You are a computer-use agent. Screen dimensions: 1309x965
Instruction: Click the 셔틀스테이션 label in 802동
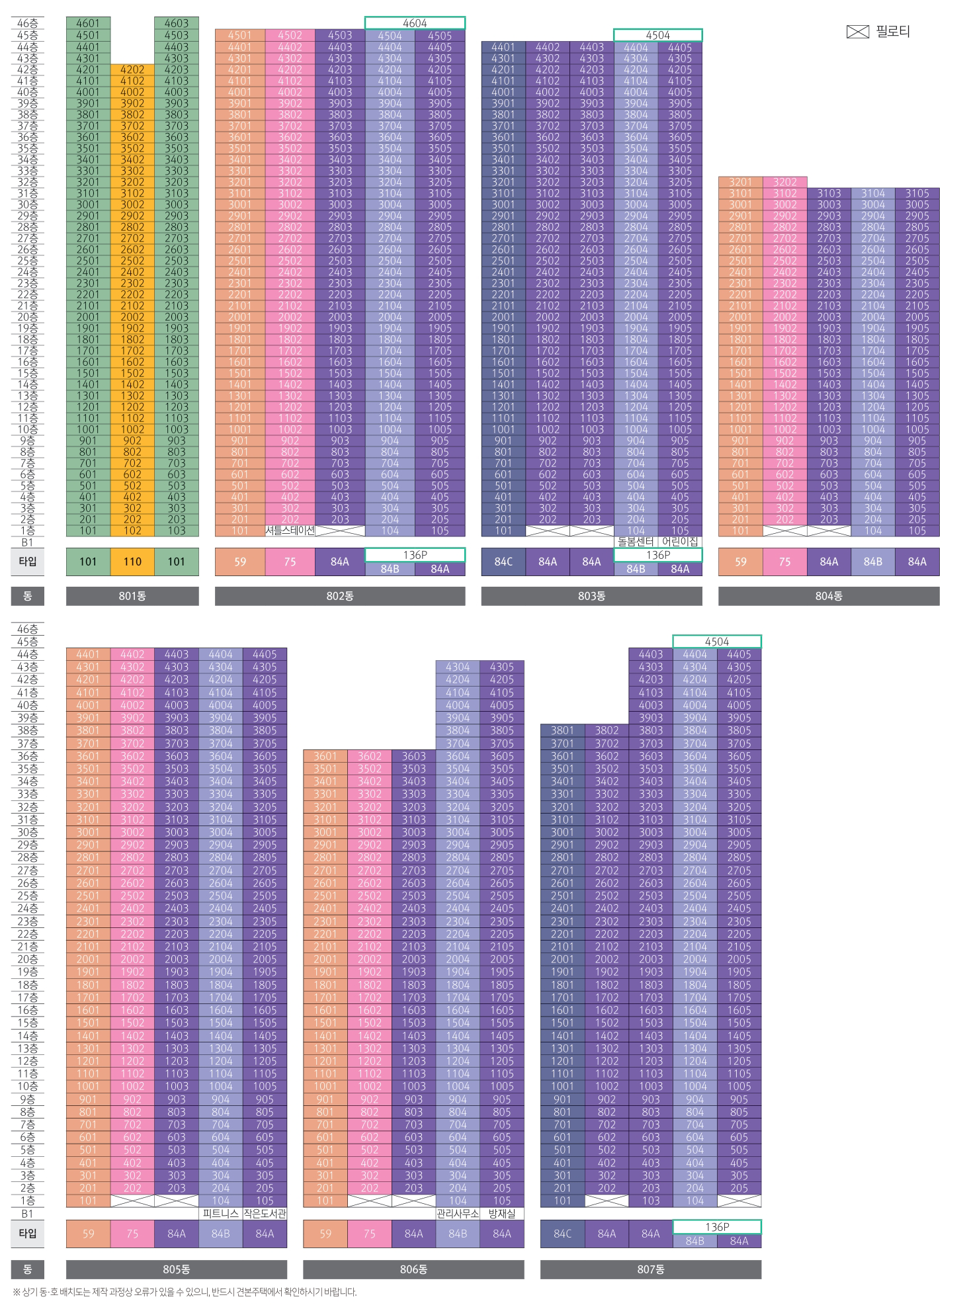tap(290, 530)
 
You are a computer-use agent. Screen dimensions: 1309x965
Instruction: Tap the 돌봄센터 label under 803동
tap(636, 542)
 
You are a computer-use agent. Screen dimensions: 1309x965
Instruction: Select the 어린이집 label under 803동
tap(680, 542)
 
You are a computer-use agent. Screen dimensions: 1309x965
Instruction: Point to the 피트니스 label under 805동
tap(220, 1214)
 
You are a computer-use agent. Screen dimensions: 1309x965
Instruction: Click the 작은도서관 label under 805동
tap(265, 1214)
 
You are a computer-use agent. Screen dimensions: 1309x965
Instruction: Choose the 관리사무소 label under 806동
tap(458, 1214)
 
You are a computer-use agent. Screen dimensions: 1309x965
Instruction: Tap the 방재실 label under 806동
tap(501, 1214)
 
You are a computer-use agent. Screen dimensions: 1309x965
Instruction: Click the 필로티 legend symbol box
tap(857, 32)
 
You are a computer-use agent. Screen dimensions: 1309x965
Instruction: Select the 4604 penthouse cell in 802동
tap(415, 23)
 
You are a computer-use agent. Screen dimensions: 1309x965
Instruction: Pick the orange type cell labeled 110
tap(132, 562)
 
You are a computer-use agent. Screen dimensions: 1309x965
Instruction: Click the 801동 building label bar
tap(132, 596)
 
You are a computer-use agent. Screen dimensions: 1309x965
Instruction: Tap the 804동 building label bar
tap(829, 596)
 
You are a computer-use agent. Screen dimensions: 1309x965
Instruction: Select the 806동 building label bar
tap(413, 1269)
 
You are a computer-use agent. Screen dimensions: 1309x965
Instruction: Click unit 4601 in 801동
tap(88, 24)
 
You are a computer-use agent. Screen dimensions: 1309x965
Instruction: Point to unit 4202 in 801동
tap(132, 69)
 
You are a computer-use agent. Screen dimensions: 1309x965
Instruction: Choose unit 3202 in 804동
tap(784, 182)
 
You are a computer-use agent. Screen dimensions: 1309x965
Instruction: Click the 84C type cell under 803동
tap(503, 562)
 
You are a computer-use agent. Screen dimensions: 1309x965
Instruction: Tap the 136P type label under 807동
tap(717, 1227)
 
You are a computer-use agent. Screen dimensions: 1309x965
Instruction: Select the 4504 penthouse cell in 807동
tap(717, 642)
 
